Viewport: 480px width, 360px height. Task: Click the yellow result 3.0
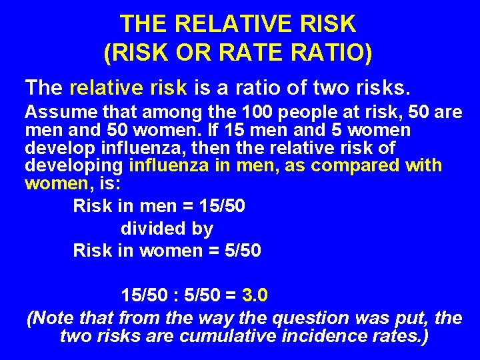pos(255,294)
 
